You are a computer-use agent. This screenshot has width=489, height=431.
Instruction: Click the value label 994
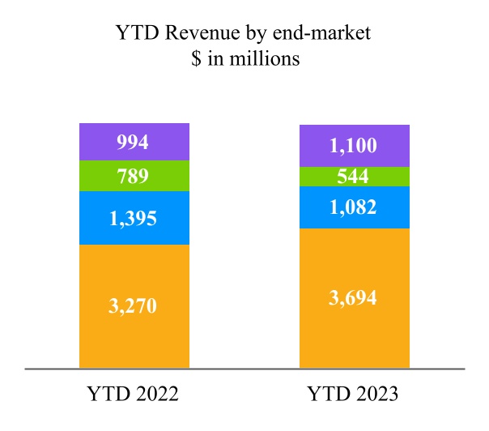tap(134, 143)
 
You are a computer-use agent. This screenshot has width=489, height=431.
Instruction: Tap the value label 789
tap(134, 177)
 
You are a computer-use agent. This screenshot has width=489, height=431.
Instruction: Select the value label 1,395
tap(134, 218)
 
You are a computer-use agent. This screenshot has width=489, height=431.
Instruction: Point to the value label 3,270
tap(134, 305)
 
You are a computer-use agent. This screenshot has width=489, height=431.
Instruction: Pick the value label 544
tap(354, 177)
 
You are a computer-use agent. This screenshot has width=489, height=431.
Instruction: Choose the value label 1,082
tap(354, 207)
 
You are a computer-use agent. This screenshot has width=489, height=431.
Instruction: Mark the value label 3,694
tap(354, 297)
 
